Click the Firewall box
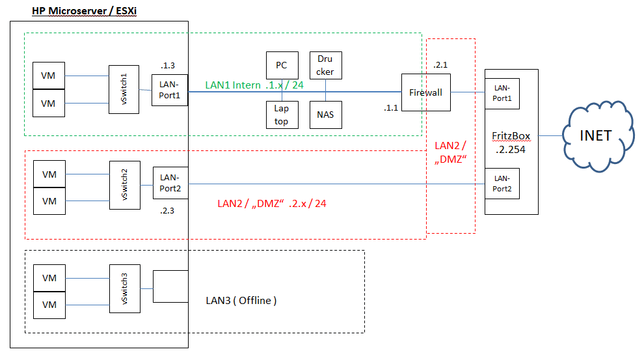click(x=425, y=92)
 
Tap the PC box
click(x=282, y=66)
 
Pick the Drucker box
click(x=326, y=66)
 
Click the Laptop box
click(x=282, y=115)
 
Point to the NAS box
click(x=326, y=115)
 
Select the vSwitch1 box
click(x=124, y=89)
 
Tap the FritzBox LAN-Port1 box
click(x=502, y=92)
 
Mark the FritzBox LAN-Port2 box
click(x=502, y=183)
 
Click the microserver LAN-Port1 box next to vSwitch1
click(x=169, y=90)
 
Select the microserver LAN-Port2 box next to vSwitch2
click(x=170, y=183)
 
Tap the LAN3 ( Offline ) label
click(x=241, y=300)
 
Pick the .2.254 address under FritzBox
click(x=511, y=148)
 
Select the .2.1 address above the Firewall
click(x=441, y=64)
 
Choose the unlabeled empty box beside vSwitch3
click(x=170, y=286)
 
